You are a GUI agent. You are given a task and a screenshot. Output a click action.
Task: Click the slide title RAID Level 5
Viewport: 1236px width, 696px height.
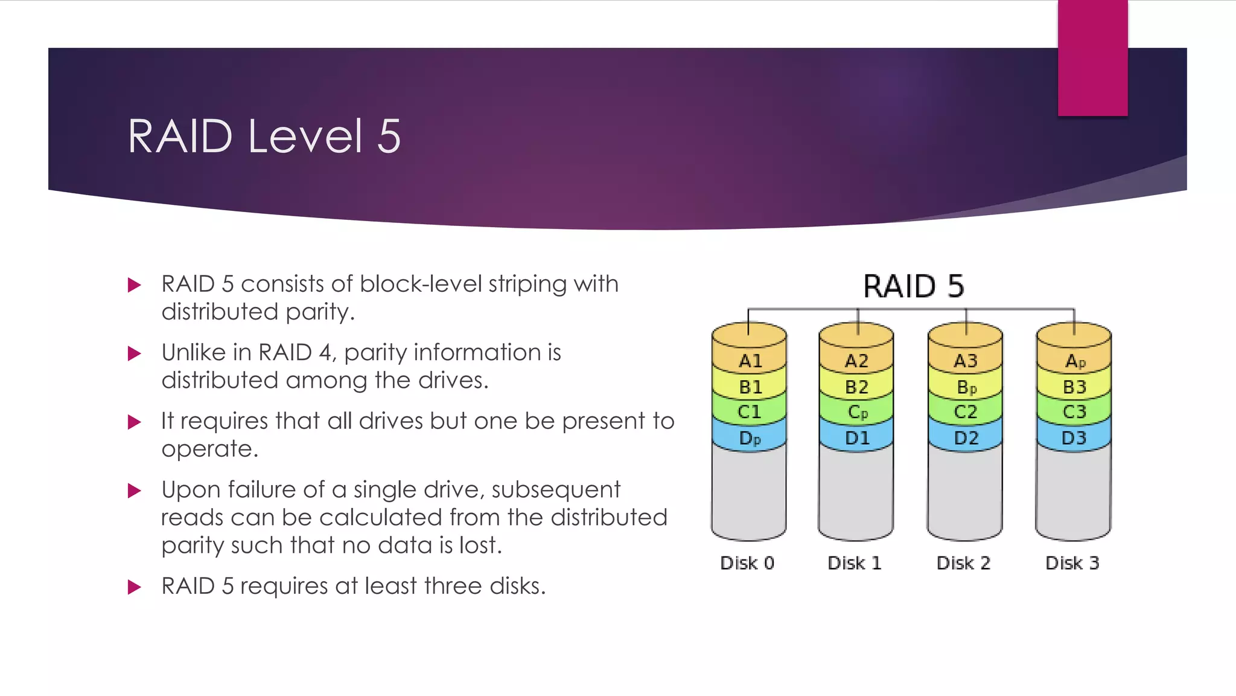click(264, 137)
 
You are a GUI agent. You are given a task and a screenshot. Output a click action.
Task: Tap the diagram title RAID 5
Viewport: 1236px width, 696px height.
click(913, 286)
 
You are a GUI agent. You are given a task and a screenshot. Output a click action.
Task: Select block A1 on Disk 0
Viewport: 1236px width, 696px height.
click(750, 361)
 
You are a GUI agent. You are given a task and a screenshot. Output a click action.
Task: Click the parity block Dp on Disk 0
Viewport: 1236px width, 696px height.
click(750, 438)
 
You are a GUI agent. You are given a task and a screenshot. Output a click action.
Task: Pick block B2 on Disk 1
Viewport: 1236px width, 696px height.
click(856, 387)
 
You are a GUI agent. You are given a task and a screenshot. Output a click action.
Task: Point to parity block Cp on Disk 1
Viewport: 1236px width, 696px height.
click(857, 413)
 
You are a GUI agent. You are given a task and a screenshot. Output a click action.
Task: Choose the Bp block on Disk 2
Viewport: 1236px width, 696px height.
click(966, 387)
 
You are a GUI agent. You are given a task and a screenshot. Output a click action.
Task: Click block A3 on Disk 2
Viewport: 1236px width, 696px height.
click(965, 361)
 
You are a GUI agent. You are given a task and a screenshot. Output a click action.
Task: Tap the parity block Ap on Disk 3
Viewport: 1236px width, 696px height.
click(1075, 361)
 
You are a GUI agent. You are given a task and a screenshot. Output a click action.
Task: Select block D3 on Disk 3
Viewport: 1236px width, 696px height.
click(1074, 438)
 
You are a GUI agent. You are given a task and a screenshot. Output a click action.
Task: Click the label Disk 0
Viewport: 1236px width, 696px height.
click(747, 563)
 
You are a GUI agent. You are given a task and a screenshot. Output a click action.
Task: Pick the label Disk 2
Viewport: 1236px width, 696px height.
click(963, 563)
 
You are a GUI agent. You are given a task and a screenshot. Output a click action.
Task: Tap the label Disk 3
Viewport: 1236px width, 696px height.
click(1072, 563)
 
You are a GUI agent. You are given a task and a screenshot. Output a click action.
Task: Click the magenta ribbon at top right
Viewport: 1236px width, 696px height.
click(1092, 57)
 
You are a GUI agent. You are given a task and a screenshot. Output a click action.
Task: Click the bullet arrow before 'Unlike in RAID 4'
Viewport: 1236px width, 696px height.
click(135, 353)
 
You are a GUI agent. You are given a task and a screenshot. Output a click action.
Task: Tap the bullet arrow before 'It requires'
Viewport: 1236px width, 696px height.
click(135, 422)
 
